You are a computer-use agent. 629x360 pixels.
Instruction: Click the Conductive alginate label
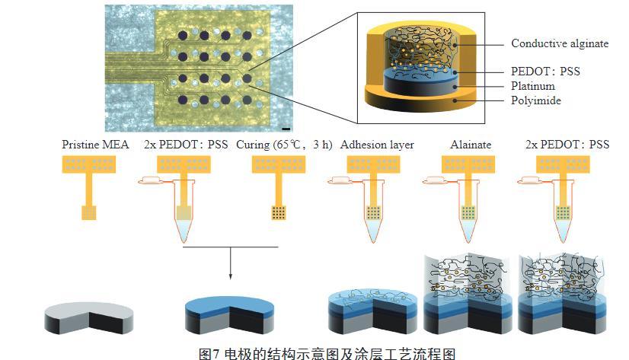pos(559,43)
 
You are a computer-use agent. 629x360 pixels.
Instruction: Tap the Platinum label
pos(533,86)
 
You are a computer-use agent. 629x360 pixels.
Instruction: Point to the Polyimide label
pos(536,100)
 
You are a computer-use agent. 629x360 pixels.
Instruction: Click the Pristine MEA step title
pos(94,145)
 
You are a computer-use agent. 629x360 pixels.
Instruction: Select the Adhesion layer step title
pos(377,145)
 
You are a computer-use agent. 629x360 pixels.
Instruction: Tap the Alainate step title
pos(470,145)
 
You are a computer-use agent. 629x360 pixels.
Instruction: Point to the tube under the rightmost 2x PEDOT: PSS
pos(564,217)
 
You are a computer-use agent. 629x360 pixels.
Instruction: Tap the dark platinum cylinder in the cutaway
pos(417,85)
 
